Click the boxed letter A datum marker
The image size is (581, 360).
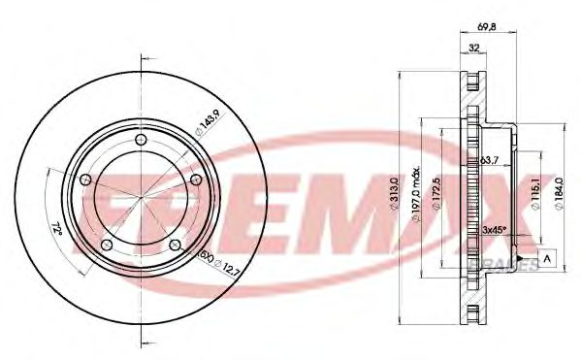tap(548, 258)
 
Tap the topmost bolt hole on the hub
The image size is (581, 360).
tap(143, 142)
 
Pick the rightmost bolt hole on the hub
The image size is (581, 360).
tap(197, 180)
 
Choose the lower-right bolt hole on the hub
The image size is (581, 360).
tap(176, 245)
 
